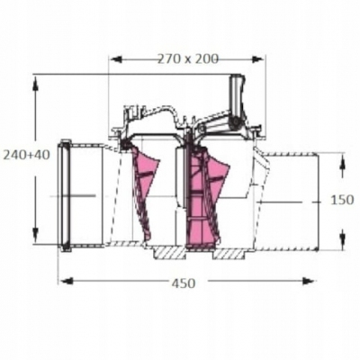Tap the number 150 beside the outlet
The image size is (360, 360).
click(x=343, y=199)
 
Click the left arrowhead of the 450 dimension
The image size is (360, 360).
click(x=62, y=281)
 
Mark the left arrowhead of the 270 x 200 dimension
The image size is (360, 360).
click(x=113, y=60)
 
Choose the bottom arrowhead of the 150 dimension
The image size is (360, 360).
click(x=343, y=244)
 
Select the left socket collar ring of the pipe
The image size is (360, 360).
click(x=65, y=193)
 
